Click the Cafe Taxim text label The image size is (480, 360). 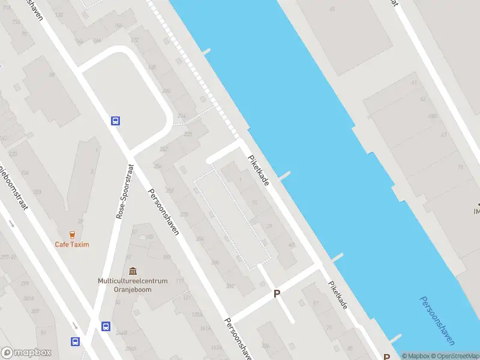(72, 244)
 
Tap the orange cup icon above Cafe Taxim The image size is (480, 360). (72, 234)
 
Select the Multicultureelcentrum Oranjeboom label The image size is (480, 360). (128, 284)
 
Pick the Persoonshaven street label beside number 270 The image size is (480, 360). (164, 212)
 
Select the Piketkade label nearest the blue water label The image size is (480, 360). (337, 295)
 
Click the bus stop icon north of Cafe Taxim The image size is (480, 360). (115, 121)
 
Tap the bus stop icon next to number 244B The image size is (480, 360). (106, 327)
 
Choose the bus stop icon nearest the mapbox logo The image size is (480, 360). (76, 341)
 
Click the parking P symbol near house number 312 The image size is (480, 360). (277, 294)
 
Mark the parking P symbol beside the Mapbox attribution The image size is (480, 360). (386, 355)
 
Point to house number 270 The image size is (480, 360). (184, 215)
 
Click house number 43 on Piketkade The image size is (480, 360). (292, 245)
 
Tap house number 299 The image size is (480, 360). (25, 283)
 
